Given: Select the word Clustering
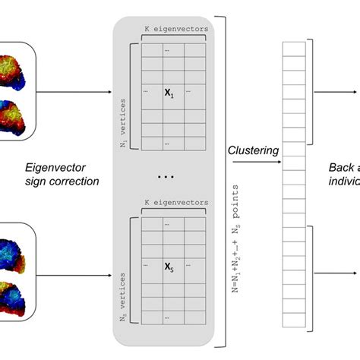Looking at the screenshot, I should pyautogui.click(x=253, y=150).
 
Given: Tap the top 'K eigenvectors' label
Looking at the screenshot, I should pyautogui.click(x=175, y=30).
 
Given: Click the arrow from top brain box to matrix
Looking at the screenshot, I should pyautogui.click(x=76, y=95).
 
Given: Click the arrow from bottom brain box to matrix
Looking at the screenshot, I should pyautogui.click(x=76, y=275).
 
